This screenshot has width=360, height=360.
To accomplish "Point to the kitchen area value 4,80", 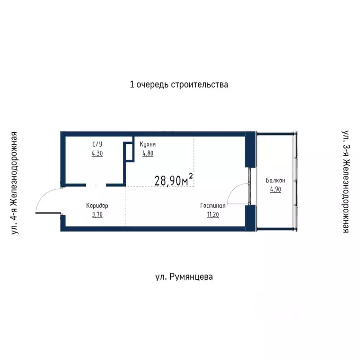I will coord(147,153).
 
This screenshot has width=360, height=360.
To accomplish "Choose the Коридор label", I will coord(97,205).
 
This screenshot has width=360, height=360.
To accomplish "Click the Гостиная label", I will coord(213,205).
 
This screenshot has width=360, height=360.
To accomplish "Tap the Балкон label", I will coord(274,180).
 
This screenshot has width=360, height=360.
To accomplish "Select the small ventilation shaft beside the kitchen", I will coord(127,153).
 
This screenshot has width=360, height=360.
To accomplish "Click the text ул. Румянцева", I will coord(184,277).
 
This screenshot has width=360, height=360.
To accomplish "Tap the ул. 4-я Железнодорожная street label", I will coord(15,182).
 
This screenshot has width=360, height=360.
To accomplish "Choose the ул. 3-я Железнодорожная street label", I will coord(345,182).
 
